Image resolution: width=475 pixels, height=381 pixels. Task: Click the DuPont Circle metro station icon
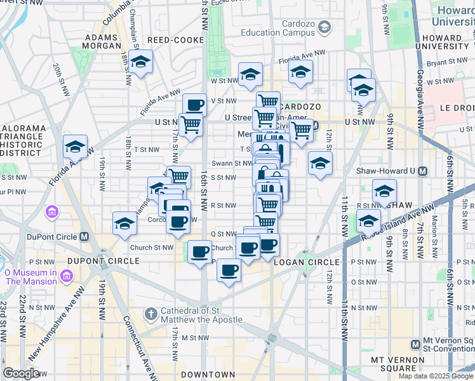point(84,236)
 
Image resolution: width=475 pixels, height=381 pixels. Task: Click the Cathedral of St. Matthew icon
point(151,314)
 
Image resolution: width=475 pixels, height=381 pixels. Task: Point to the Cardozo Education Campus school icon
point(324,27)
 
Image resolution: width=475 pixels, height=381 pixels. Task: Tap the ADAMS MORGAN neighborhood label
point(102,42)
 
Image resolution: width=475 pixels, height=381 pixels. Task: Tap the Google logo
point(22,373)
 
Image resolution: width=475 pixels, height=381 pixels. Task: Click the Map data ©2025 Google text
point(436,376)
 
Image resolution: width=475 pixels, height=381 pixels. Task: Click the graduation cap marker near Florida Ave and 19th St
point(75,148)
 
